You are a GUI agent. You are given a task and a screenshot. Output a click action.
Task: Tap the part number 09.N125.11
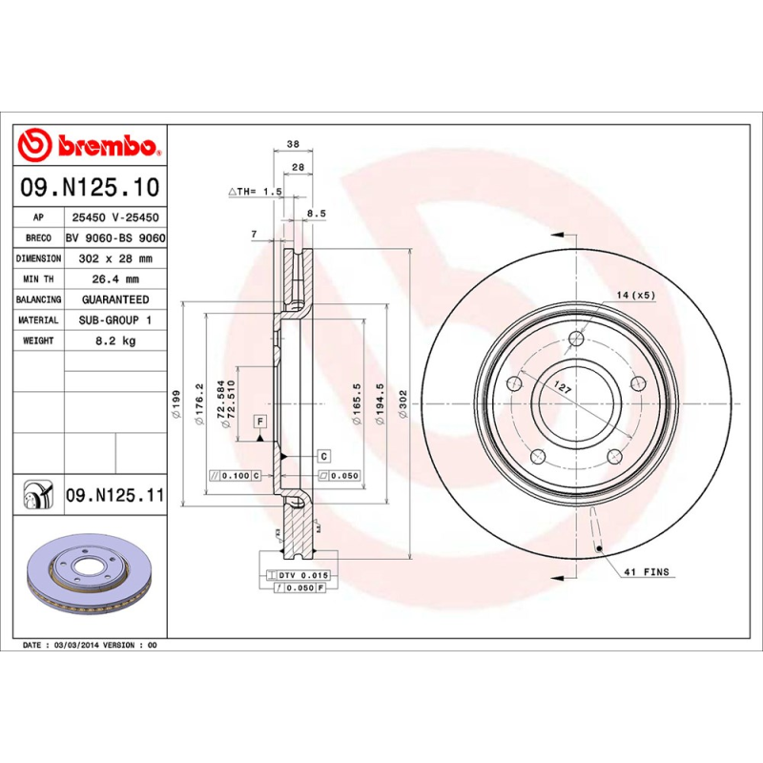pyautogui.click(x=115, y=496)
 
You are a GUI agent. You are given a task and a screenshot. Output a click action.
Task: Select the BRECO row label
pyautogui.click(x=38, y=238)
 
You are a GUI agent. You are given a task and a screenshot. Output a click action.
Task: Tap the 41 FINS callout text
pyautogui.click(x=648, y=572)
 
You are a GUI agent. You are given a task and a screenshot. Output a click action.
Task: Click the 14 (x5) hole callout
pyautogui.click(x=635, y=296)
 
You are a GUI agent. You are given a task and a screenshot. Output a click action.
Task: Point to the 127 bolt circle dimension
pyautogui.click(x=564, y=389)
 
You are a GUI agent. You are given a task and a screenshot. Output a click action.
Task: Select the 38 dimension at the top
pyautogui.click(x=293, y=144)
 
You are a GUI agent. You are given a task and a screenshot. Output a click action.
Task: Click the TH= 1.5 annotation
pyautogui.click(x=257, y=192)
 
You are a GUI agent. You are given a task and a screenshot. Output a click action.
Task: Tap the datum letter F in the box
pyautogui.click(x=258, y=421)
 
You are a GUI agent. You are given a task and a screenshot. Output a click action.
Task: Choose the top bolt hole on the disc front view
pyautogui.click(x=575, y=339)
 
